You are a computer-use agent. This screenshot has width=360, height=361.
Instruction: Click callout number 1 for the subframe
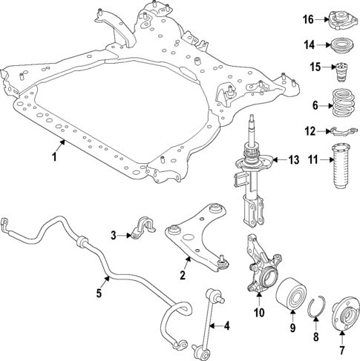click(x=53, y=158)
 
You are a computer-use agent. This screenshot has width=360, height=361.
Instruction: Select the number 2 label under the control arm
click(x=181, y=276)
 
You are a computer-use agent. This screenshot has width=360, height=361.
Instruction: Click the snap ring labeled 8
click(x=315, y=317)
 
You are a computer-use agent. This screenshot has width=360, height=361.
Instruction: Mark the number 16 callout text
click(x=311, y=19)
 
